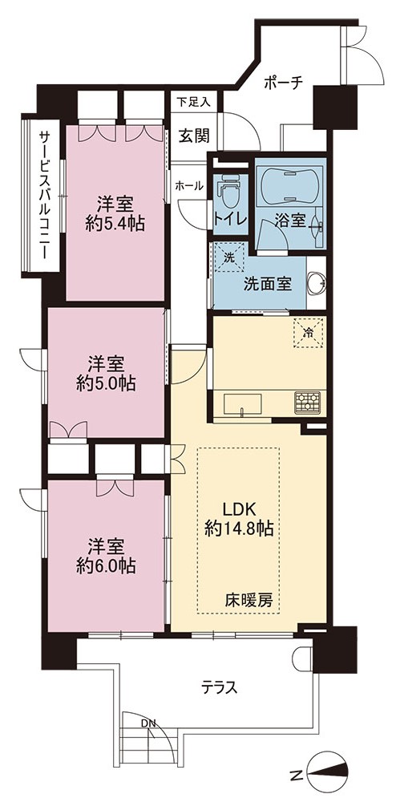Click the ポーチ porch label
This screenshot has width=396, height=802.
(284, 82)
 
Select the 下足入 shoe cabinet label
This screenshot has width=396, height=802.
(193, 102)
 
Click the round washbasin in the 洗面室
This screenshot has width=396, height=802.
(317, 283)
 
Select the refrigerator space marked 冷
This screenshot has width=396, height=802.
(308, 332)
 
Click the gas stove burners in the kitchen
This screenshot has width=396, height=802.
(307, 402)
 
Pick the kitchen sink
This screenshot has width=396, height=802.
(243, 404)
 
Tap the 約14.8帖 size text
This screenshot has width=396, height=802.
(238, 529)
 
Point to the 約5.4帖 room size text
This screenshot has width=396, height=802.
(115, 224)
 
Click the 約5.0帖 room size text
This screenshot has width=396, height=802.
(107, 383)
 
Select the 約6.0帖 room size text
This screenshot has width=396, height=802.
(106, 565)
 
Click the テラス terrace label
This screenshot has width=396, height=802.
(218, 687)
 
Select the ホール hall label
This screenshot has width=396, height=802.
(189, 186)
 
